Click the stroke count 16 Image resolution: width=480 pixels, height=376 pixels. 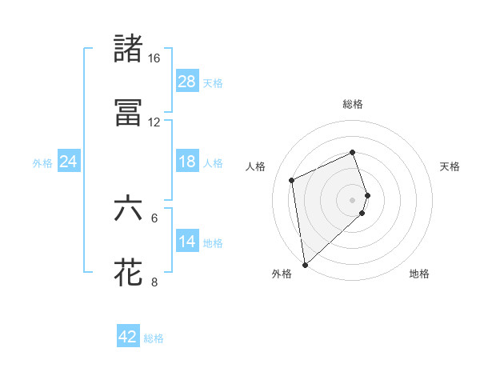click(x=154, y=58)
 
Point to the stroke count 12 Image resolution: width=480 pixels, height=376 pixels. click(x=154, y=122)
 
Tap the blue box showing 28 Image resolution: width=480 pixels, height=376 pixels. click(x=187, y=82)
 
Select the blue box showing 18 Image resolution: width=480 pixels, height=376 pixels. click(x=187, y=162)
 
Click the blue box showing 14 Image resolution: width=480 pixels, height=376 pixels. click(x=187, y=242)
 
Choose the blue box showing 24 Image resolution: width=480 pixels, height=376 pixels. click(x=69, y=162)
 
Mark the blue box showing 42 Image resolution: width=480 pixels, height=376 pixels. click(x=128, y=337)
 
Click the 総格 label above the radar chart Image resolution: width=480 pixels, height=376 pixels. click(x=353, y=104)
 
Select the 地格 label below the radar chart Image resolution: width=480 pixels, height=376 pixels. click(x=419, y=274)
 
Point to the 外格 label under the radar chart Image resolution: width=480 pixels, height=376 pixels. click(x=282, y=274)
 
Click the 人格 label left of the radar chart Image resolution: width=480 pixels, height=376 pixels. click(x=256, y=166)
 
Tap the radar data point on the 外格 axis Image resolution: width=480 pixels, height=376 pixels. click(x=305, y=264)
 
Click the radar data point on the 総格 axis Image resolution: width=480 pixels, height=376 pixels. click(x=353, y=152)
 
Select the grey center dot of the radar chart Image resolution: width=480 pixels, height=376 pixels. click(x=353, y=199)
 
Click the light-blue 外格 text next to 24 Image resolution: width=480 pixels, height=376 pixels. click(x=42, y=162)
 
